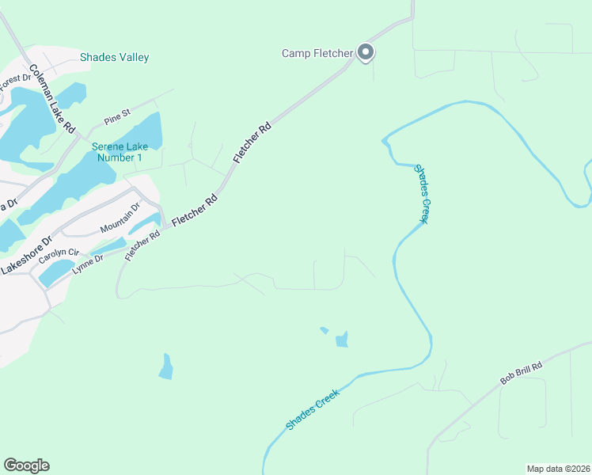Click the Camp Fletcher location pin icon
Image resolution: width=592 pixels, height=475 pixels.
pos(365,53)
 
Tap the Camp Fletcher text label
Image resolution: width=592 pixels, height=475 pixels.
pos(317,54)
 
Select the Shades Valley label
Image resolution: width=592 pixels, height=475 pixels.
pos(114,57)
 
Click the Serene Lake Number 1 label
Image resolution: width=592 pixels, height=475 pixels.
pos(118,152)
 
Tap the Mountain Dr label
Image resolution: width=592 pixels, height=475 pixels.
pos(120,218)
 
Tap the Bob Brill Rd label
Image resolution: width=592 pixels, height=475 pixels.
pos(522,374)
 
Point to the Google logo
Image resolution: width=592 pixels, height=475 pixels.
pos(26,465)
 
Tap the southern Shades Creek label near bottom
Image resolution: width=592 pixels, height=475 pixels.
pos(313,409)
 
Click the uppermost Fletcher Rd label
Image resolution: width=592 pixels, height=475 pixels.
pos(252,142)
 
